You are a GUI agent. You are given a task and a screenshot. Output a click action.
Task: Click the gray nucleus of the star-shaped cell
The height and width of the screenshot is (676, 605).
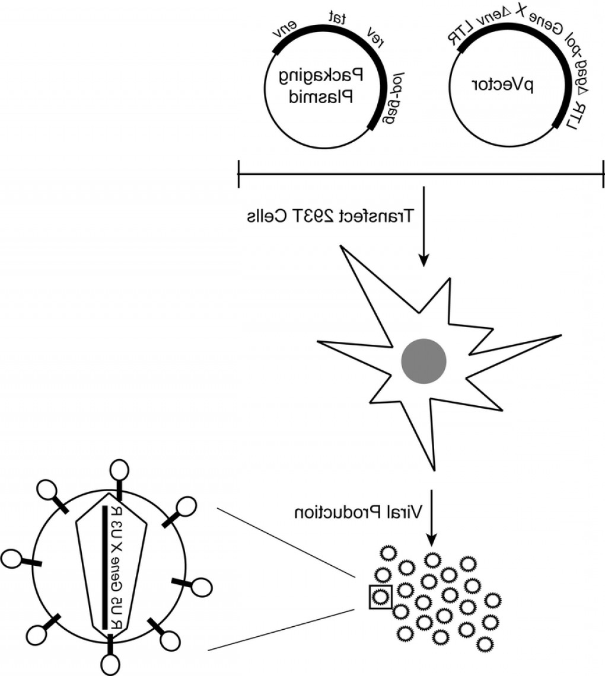click(x=423, y=361)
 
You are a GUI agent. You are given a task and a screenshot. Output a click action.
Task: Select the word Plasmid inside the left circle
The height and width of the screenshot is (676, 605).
click(x=321, y=96)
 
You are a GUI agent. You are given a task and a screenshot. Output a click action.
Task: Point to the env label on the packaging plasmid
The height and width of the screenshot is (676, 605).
click(x=285, y=31)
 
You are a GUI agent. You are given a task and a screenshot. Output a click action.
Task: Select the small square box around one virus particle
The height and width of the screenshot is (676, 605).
click(x=380, y=596)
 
